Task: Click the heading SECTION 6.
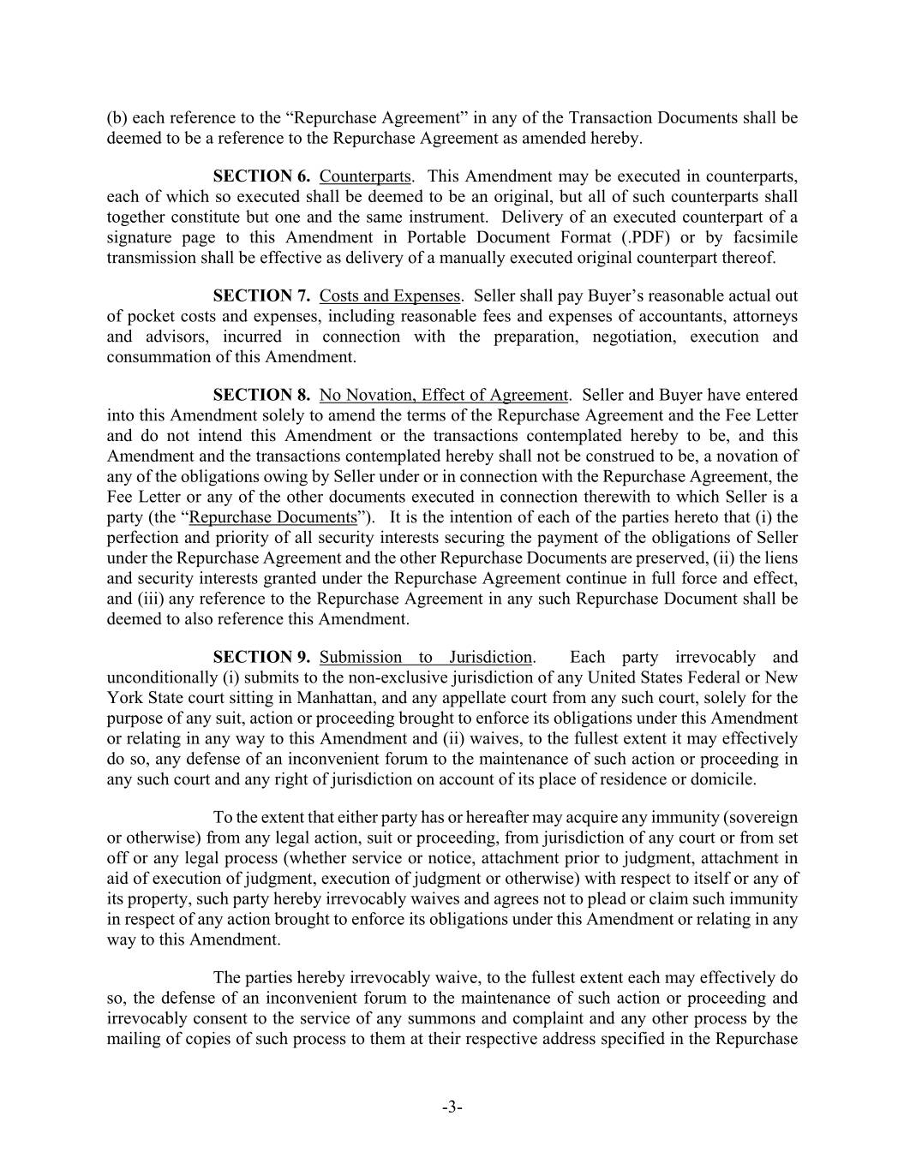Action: click(x=261, y=176)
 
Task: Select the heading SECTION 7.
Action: click(x=261, y=295)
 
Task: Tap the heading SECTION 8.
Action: click(x=261, y=395)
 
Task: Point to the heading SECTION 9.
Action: click(x=261, y=657)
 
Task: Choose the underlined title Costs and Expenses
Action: click(x=390, y=295)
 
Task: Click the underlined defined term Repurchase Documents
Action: click(x=272, y=517)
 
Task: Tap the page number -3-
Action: click(x=452, y=1107)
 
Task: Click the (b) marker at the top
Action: click(x=117, y=117)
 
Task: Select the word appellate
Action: click(x=452, y=698)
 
